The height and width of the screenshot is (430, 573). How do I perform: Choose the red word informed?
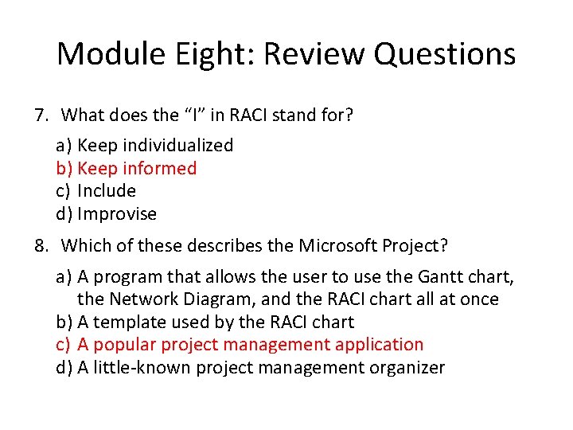[159, 168]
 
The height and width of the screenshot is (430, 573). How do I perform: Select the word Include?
[107, 191]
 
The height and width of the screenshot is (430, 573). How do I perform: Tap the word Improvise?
[117, 214]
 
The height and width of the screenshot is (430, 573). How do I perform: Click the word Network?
[144, 299]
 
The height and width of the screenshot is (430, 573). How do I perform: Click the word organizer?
[405, 367]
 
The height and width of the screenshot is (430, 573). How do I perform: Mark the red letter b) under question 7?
[64, 168]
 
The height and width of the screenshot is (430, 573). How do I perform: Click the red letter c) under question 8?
[64, 345]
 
